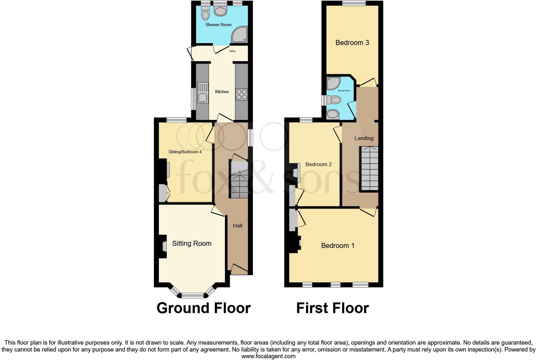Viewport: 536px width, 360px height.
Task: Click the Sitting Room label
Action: tap(192, 243)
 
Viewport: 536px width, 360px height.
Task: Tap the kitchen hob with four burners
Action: tap(242, 94)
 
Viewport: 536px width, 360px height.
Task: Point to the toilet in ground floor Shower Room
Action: tap(205, 14)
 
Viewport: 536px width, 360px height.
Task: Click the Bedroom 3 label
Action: tap(352, 42)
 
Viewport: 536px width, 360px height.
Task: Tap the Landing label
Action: tap(364, 138)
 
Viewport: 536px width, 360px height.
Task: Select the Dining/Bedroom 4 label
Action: tap(185, 152)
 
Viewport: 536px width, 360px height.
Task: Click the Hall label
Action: tap(237, 226)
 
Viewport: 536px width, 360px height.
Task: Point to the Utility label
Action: tap(232, 51)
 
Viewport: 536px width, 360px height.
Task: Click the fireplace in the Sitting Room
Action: tap(164, 246)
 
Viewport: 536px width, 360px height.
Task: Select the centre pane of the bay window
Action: tap(193, 295)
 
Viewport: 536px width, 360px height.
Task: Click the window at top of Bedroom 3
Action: tap(354, 3)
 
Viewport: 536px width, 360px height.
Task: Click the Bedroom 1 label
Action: tap(338, 245)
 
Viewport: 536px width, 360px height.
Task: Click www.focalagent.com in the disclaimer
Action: tap(268, 356)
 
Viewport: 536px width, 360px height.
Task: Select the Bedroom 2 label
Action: tap(318, 164)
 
